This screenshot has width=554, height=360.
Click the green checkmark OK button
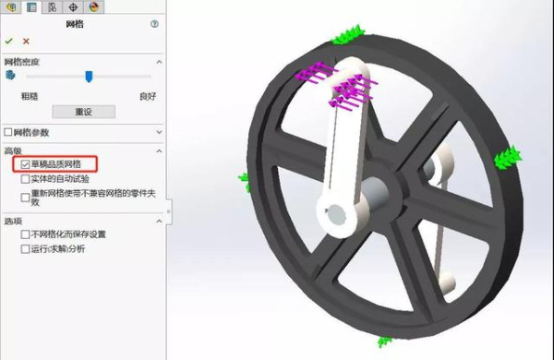click(9, 41)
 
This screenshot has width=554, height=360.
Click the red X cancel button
click(26, 41)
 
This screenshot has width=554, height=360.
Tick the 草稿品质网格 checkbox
click(25, 164)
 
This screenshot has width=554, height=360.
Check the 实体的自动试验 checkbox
click(25, 179)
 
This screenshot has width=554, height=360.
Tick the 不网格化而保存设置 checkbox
click(25, 234)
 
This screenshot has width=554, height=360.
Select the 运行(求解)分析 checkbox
click(25, 249)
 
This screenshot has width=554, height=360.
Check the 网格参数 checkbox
click(8, 133)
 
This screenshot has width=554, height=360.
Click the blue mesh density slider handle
click(89, 77)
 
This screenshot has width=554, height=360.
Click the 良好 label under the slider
click(148, 95)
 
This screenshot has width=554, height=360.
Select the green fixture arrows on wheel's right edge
click(505, 158)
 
